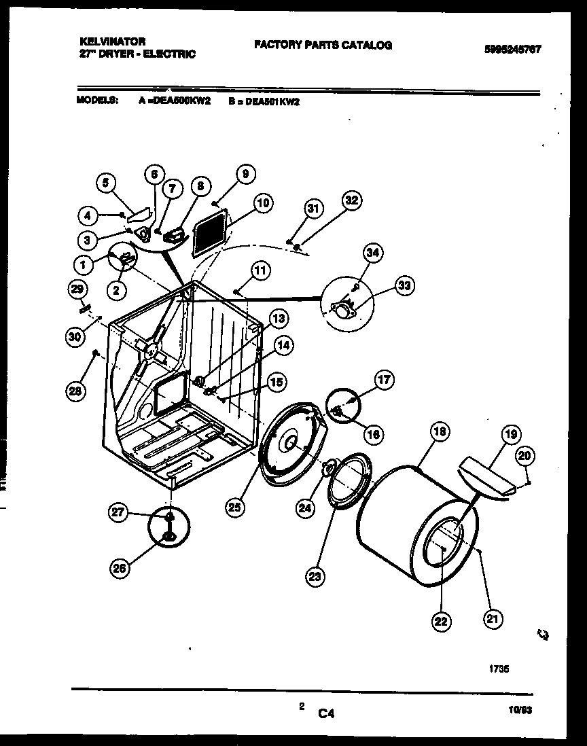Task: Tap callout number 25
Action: click(235, 506)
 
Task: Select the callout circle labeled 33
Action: click(405, 285)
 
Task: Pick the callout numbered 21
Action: click(492, 617)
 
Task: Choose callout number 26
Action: click(120, 569)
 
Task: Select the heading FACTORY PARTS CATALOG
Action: click(323, 45)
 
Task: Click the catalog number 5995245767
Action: click(513, 48)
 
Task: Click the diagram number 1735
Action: click(499, 669)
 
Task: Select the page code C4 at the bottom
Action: click(327, 713)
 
